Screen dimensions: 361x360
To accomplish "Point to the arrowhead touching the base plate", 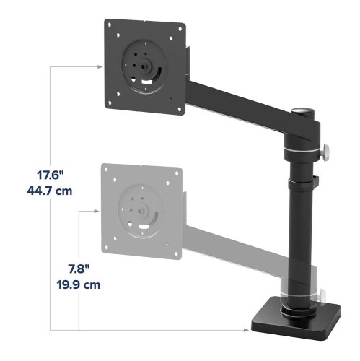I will click(x=246, y=330).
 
